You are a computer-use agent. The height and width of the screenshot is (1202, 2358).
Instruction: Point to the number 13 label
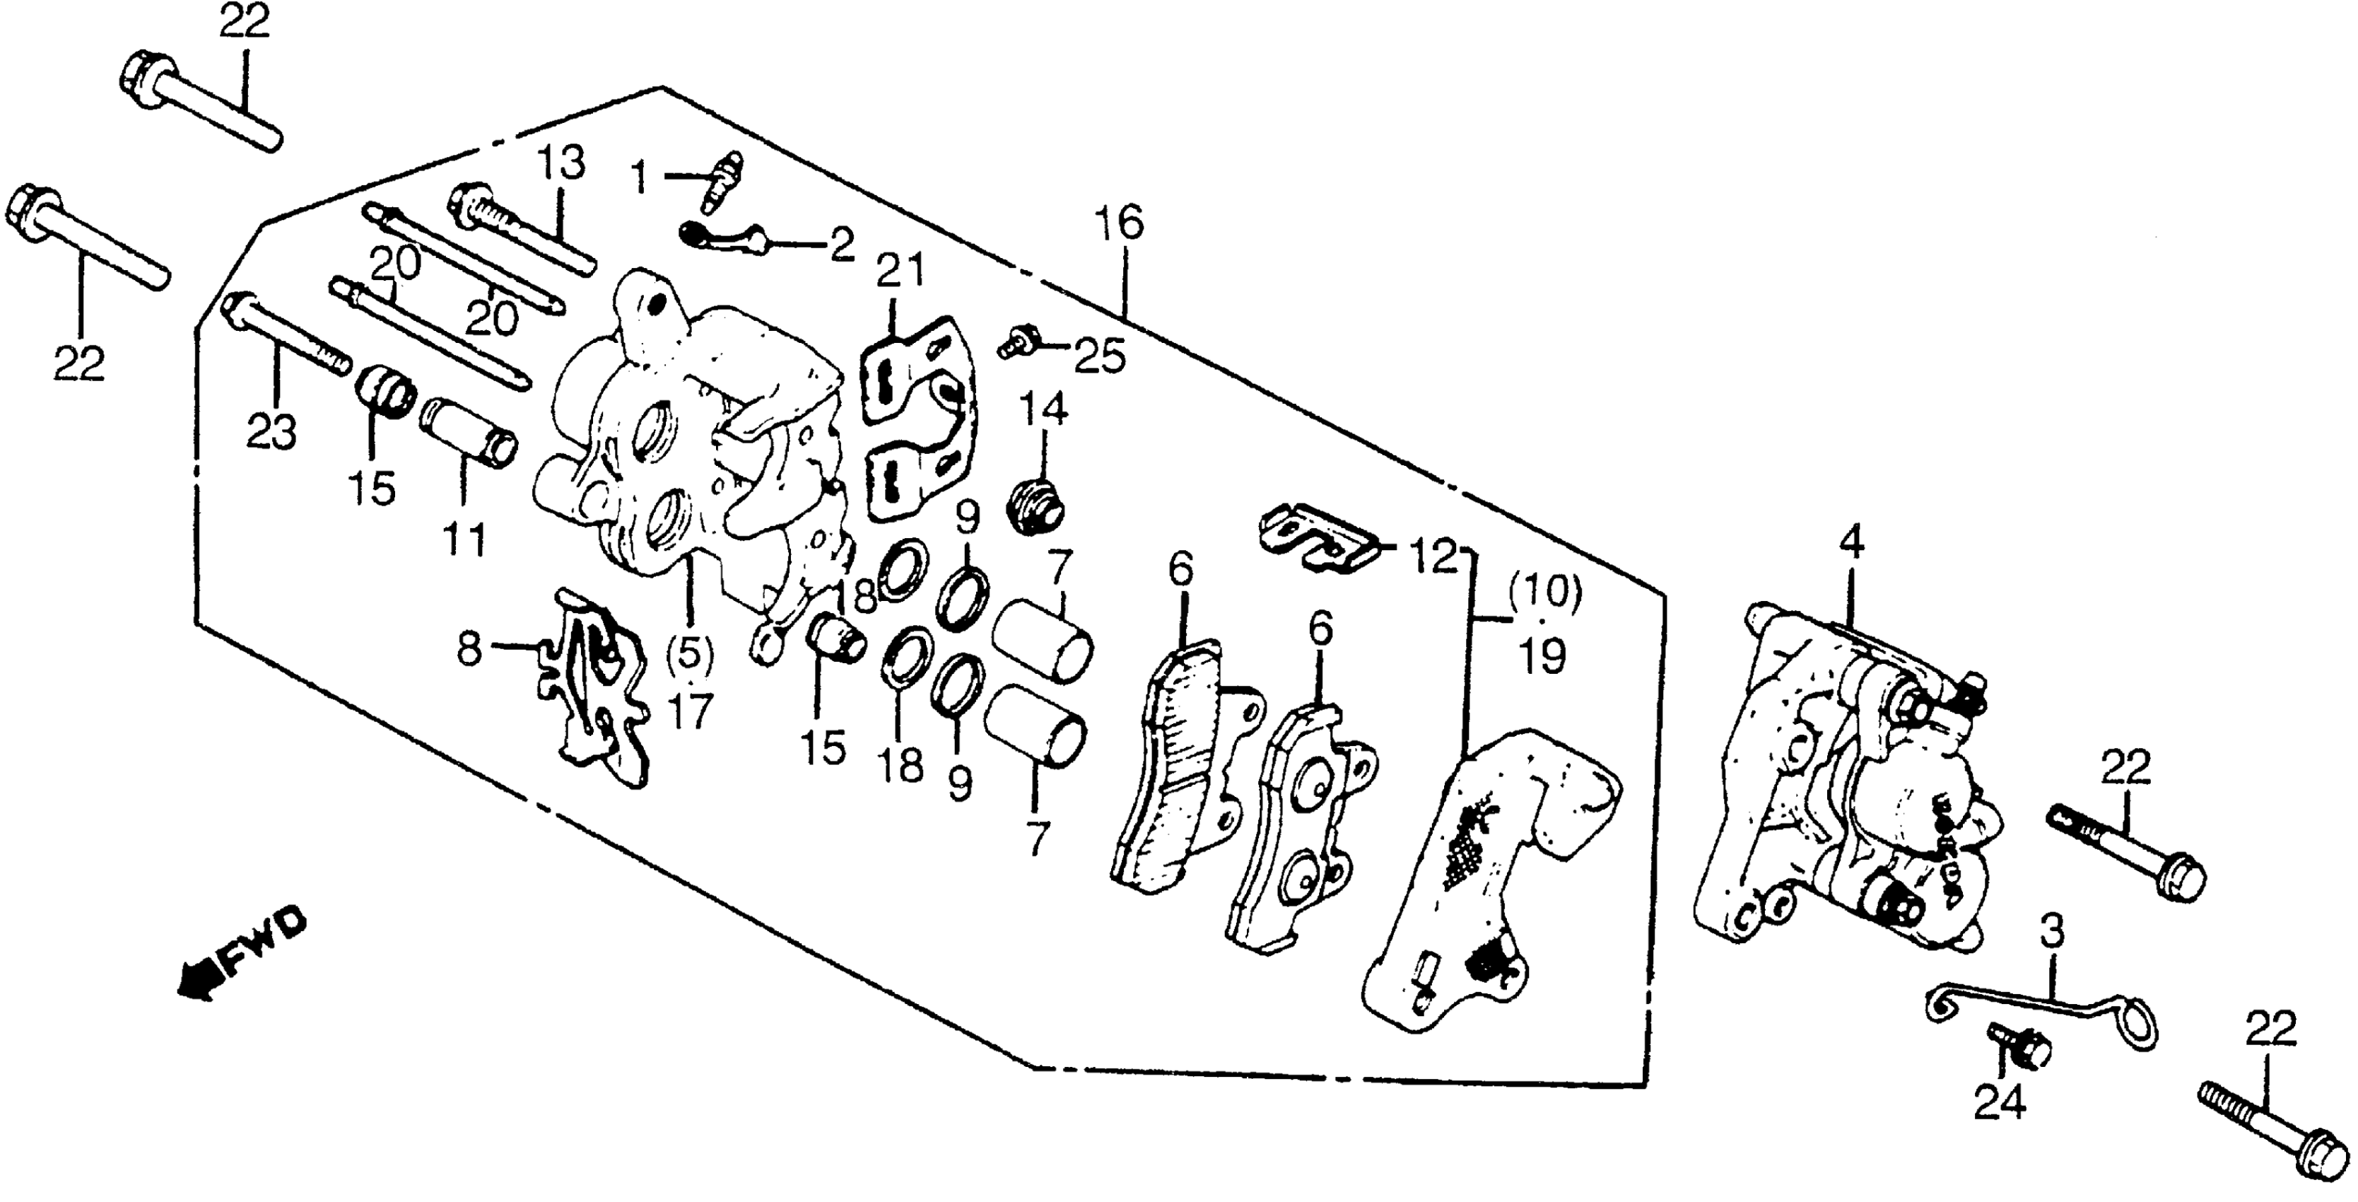(x=561, y=165)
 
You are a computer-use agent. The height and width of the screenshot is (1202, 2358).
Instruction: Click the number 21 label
(x=901, y=271)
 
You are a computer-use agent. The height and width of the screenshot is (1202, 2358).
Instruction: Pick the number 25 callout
(x=1099, y=357)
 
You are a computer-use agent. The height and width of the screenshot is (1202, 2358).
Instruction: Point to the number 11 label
(x=465, y=539)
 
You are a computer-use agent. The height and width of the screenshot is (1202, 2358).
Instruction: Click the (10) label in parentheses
(x=1545, y=595)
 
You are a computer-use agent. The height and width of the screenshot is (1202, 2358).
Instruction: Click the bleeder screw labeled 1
(x=720, y=181)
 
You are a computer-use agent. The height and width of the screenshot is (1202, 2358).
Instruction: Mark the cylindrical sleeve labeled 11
(x=469, y=431)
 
